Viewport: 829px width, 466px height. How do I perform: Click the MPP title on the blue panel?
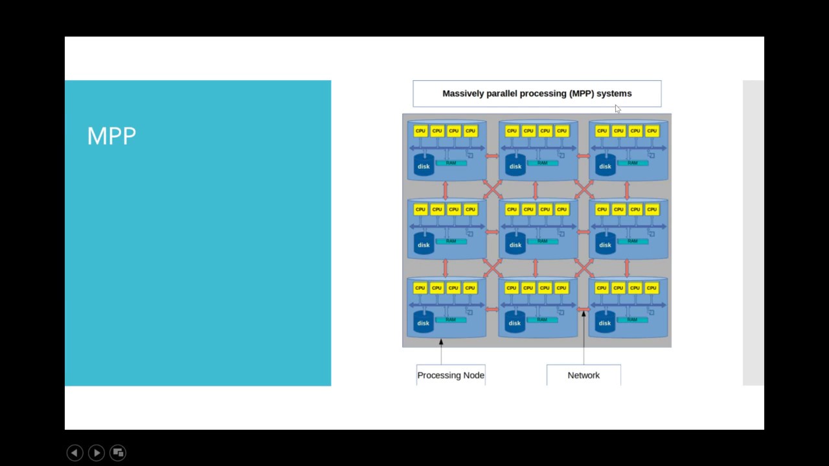click(x=111, y=136)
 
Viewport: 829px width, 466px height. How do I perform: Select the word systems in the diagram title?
click(x=614, y=93)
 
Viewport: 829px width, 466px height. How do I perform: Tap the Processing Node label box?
click(x=451, y=375)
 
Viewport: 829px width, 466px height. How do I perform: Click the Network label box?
click(x=584, y=375)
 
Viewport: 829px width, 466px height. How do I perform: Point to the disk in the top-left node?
click(x=424, y=166)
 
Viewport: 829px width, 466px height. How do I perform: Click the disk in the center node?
click(x=515, y=245)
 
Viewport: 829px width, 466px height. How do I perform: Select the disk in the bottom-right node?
click(x=605, y=323)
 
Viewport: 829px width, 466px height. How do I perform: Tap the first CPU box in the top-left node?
click(x=420, y=131)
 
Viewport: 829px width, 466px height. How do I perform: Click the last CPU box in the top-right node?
click(x=652, y=131)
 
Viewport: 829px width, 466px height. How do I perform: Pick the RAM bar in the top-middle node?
click(x=542, y=163)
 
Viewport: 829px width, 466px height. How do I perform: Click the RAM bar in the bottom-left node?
click(x=451, y=320)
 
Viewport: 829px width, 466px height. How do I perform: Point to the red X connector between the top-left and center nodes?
click(x=492, y=190)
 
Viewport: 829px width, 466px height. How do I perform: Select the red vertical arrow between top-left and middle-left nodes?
click(x=445, y=190)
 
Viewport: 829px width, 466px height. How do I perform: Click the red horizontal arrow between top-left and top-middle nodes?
click(x=492, y=156)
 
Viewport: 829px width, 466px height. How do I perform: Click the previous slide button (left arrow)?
click(x=74, y=452)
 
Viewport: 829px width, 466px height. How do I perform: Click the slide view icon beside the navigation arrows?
click(x=118, y=452)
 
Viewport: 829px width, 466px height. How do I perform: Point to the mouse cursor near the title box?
click(x=618, y=109)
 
